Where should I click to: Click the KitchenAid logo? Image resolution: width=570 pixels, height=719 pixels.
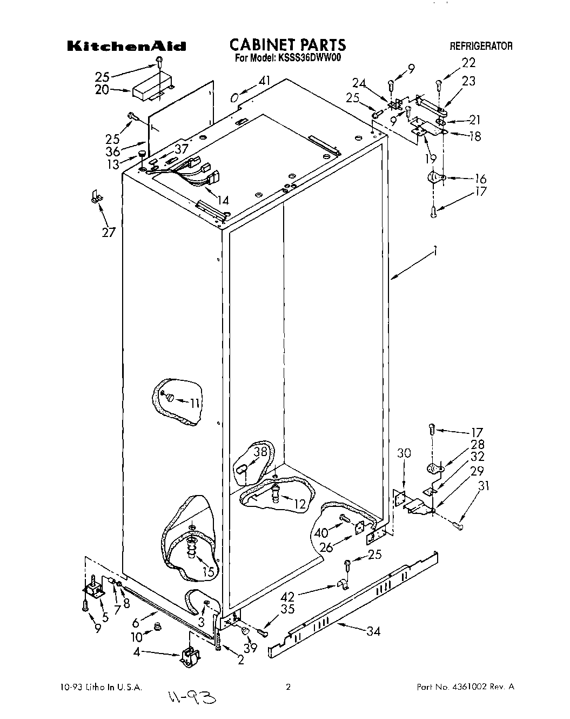tap(126, 47)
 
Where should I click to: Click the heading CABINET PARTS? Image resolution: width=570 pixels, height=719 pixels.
tap(287, 44)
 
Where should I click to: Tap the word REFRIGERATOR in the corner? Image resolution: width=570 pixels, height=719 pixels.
tap(481, 47)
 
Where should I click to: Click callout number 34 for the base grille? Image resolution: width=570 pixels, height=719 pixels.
tap(372, 631)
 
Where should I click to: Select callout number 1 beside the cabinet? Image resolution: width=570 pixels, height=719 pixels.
tap(435, 251)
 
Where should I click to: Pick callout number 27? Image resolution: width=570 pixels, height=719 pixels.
tap(109, 233)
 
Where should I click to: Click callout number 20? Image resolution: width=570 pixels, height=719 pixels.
tap(102, 90)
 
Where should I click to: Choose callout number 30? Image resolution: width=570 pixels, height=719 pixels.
tap(404, 453)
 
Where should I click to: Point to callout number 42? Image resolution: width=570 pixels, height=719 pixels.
tap(287, 597)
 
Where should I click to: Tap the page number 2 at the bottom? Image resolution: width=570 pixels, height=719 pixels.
tap(288, 687)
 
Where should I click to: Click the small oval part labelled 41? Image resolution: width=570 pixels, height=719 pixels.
tap(234, 97)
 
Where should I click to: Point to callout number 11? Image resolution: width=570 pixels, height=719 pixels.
tap(195, 402)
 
